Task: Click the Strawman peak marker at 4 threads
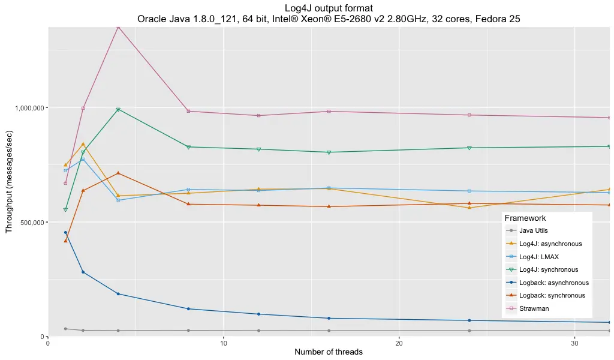click(x=118, y=27)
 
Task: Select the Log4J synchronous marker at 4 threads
click(x=118, y=109)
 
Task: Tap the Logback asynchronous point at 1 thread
click(x=65, y=232)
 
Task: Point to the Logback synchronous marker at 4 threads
click(x=118, y=173)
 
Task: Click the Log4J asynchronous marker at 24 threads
click(x=469, y=208)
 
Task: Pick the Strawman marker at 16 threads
click(x=329, y=111)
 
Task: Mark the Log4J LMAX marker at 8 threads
click(x=188, y=190)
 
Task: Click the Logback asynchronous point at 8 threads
click(x=188, y=308)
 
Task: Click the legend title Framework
click(x=525, y=218)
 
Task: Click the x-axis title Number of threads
click(x=329, y=352)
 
